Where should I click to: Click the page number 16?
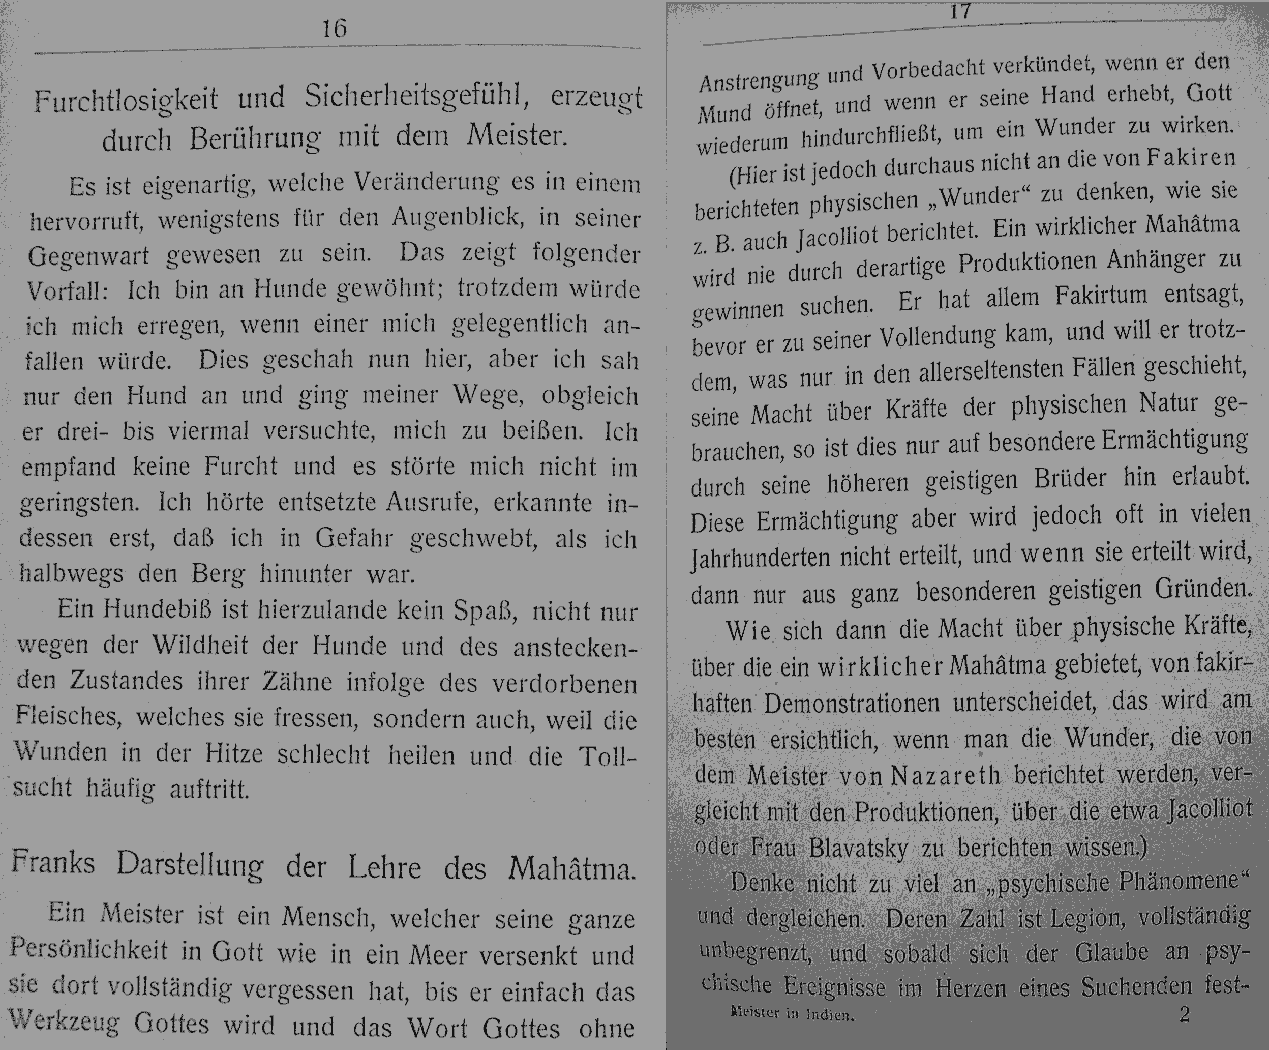click(334, 28)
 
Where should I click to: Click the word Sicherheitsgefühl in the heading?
click(416, 97)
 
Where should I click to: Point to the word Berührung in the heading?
click(254, 138)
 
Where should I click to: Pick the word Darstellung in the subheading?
click(190, 864)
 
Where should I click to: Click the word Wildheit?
click(200, 645)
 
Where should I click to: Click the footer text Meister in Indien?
click(792, 1014)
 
